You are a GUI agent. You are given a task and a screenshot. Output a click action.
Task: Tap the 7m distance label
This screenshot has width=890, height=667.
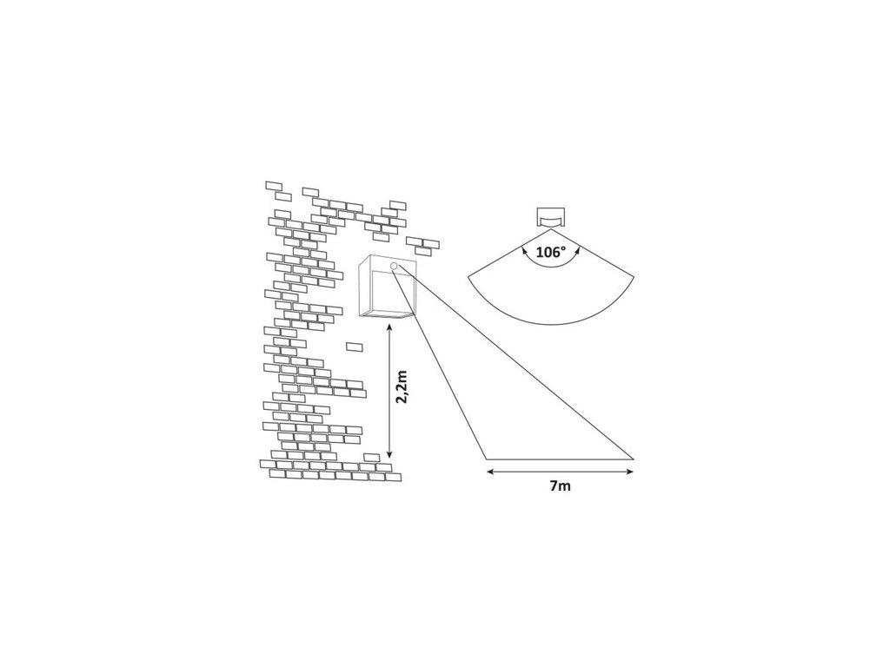click(560, 486)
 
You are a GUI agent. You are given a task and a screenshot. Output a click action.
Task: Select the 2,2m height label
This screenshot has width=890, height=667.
click(401, 387)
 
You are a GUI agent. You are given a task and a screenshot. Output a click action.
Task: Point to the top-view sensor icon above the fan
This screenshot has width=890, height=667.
click(549, 217)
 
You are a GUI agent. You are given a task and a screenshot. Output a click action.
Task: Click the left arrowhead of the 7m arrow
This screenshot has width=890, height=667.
click(489, 472)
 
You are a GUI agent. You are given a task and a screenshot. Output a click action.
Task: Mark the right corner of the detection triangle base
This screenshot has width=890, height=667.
click(634, 458)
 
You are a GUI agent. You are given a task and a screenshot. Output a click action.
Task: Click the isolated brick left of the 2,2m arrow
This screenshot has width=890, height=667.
click(354, 347)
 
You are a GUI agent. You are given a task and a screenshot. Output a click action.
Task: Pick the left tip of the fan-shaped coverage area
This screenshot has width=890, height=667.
click(468, 275)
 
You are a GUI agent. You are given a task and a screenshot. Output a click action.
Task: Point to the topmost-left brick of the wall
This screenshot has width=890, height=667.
click(274, 185)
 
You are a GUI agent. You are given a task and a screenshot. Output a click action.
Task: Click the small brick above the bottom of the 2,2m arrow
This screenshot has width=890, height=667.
click(371, 457)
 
